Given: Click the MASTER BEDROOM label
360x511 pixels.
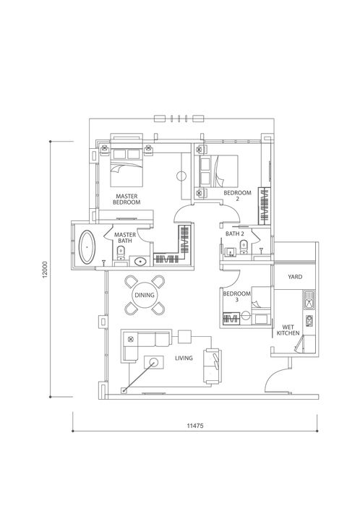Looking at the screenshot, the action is pos(127,199).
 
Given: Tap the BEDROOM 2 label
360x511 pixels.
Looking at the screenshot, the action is pos(237,196).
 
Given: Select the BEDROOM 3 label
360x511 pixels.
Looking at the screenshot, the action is pos(236,296).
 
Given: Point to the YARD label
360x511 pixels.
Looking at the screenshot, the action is pos(295,277).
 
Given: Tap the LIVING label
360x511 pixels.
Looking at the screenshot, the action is pos(184,358).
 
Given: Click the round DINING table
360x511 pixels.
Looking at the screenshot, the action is pos(145,296).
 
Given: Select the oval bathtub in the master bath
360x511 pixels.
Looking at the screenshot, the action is pos(87,246).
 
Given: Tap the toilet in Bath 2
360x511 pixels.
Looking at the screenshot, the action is pos(244,247).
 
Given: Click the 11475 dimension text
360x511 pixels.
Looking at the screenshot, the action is pos(195,426).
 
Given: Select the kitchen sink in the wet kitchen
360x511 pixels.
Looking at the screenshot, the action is pos(309,300).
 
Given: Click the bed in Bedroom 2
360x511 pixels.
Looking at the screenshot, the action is pos(218,171).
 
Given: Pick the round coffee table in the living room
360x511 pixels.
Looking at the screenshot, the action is pos(153,361).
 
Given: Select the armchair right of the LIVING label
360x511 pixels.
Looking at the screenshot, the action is pos(213,366).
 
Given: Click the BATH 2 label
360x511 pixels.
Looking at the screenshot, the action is pos(235,233).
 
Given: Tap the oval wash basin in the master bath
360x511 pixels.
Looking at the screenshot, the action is pos(140,262).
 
